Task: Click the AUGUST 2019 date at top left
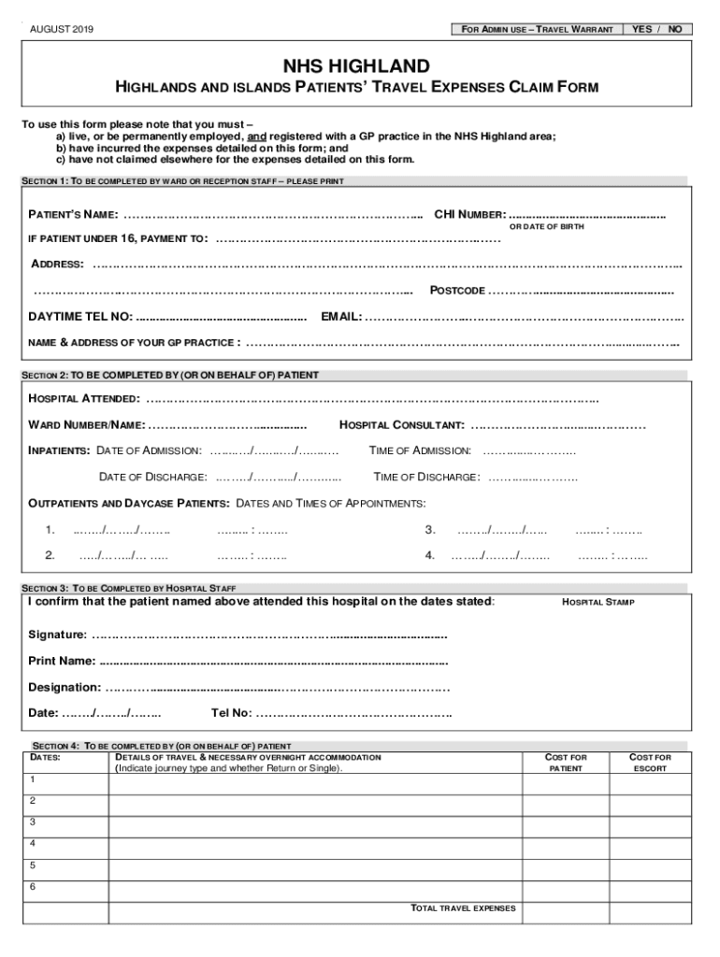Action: (x=63, y=29)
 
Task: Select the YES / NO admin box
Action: (x=657, y=29)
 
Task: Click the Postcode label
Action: (x=457, y=291)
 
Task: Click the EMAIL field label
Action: (x=341, y=317)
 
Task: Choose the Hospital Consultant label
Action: (x=402, y=426)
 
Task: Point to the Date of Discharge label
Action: (x=150, y=478)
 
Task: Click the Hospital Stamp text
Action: (x=598, y=603)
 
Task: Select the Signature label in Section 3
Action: (x=57, y=636)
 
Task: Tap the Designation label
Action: (x=65, y=688)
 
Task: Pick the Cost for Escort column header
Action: (x=650, y=763)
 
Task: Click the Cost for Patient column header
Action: (x=566, y=763)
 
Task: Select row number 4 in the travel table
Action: (x=33, y=843)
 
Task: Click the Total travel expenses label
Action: (x=463, y=908)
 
